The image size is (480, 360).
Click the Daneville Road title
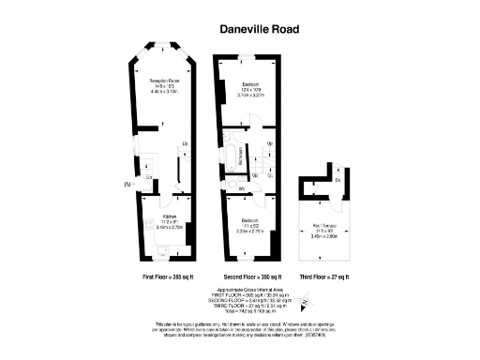click(x=260, y=30)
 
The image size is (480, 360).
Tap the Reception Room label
click(x=164, y=82)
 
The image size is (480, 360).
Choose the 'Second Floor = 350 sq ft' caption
click(x=247, y=277)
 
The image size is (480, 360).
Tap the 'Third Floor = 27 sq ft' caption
click(x=323, y=277)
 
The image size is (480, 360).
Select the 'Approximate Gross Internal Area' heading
click(x=247, y=290)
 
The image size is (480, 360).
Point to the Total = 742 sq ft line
click(x=247, y=309)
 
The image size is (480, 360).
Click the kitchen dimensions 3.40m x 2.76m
click(x=163, y=226)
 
